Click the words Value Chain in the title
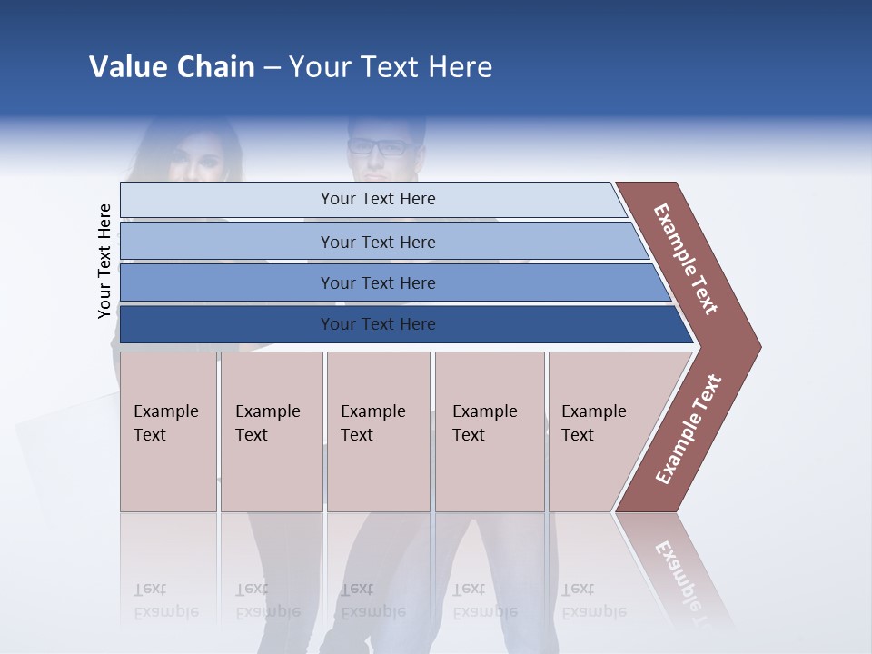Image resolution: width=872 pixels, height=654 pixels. tap(172, 67)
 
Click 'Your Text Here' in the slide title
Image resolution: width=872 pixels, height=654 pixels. tap(391, 67)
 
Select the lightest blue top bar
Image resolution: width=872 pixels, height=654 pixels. tap(227, 200)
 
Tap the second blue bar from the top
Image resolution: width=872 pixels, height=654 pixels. tap(227, 242)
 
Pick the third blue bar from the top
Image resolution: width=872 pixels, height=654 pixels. tap(227, 282)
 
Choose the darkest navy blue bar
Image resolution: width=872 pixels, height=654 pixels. tap(227, 324)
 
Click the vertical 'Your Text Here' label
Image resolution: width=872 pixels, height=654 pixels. tap(104, 261)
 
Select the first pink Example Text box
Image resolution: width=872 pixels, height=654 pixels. tap(168, 431)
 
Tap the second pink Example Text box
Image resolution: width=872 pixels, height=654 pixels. tap(271, 431)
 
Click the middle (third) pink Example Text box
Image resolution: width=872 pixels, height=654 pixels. tap(378, 431)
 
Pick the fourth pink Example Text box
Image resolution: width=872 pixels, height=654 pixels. tap(490, 431)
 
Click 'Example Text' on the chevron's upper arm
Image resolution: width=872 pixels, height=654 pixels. tap(686, 259)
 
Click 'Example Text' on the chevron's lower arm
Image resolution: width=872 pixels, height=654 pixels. tap(689, 429)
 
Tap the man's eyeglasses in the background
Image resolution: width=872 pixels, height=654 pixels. tap(378, 146)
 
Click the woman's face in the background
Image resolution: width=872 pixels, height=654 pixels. tap(193, 163)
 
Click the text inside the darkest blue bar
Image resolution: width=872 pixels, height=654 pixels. tap(378, 324)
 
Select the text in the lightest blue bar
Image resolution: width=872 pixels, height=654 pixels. tap(378, 199)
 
